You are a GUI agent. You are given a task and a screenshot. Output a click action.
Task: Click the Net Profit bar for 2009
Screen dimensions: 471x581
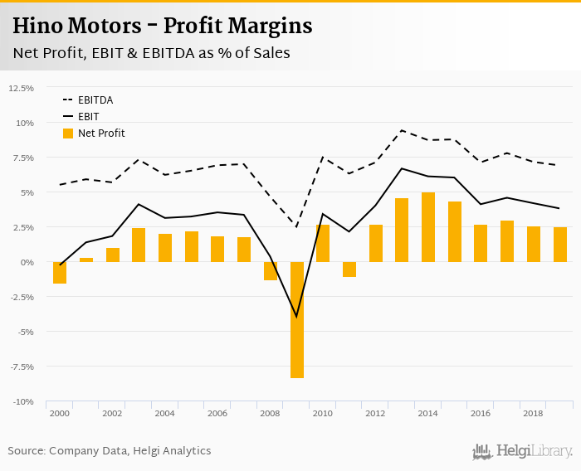pos(297,319)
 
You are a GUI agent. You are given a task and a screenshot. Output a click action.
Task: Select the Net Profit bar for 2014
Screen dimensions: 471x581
pos(428,227)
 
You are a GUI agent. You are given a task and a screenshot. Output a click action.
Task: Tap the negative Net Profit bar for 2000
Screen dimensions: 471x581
pos(60,273)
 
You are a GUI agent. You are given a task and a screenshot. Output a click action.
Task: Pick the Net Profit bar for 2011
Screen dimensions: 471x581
pos(349,269)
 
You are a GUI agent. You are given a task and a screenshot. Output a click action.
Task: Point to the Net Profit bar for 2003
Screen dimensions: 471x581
pos(139,245)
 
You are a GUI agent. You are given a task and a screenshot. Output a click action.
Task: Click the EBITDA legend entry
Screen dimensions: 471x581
pos(95,100)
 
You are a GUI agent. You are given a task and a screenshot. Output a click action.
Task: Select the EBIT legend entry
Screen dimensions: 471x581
pos(88,117)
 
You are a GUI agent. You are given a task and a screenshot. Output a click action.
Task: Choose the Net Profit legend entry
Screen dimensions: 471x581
pos(101,134)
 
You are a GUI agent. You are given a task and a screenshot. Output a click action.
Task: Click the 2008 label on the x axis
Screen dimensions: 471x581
pos(271,413)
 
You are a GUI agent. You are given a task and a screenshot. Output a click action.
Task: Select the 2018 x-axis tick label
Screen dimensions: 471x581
pos(534,413)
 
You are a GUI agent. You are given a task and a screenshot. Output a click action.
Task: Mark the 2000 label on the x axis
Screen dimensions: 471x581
pos(59,413)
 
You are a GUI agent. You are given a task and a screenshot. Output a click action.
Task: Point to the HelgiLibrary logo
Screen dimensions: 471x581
pos(523,451)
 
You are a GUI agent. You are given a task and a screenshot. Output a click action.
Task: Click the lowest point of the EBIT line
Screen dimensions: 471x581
pos(297,317)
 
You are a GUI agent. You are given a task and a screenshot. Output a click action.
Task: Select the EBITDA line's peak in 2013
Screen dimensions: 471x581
pos(402,130)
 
